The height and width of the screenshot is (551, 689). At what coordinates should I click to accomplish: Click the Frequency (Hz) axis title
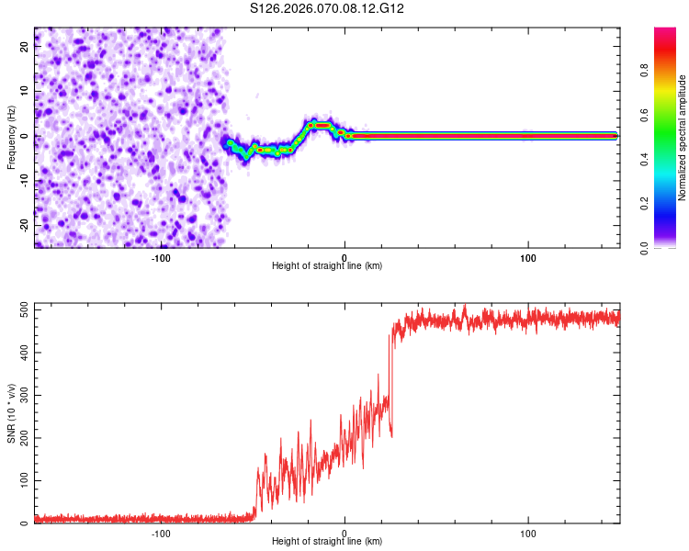click(x=11, y=136)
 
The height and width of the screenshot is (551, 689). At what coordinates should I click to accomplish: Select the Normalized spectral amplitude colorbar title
click(x=682, y=138)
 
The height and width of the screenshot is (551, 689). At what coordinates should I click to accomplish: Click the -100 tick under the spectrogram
click(x=161, y=256)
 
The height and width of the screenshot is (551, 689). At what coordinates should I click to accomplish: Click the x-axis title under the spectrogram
click(x=327, y=266)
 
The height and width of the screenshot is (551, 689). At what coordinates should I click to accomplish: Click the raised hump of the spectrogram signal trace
click(x=320, y=124)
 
